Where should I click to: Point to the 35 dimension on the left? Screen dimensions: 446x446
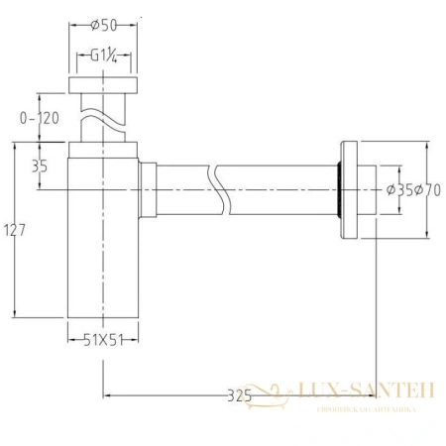click(40, 167)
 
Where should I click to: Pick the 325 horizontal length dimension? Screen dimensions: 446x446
click(238, 395)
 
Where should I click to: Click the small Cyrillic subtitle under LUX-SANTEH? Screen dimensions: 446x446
click(367, 407)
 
